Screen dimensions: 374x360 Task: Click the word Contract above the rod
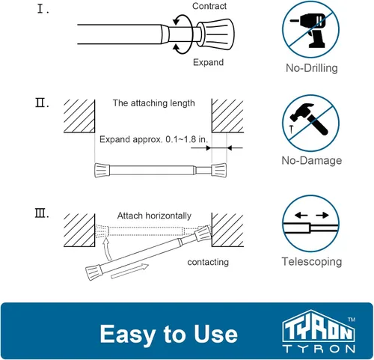(209, 6)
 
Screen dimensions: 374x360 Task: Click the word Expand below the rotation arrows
(208, 62)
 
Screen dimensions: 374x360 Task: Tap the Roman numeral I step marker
(43, 9)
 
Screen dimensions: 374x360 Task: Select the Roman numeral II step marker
(42, 103)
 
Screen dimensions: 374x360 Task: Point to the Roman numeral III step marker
(42, 213)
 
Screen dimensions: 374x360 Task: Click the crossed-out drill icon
(310, 30)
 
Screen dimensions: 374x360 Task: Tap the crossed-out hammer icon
(310, 123)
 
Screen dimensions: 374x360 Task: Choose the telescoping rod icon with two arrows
(310, 224)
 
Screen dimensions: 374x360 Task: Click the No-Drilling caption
(312, 68)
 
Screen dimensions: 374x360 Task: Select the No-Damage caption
(312, 160)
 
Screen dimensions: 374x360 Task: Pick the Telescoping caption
(312, 262)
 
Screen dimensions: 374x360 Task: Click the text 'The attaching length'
(153, 103)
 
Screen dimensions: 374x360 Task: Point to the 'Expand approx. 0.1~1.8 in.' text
(153, 139)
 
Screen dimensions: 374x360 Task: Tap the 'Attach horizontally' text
(154, 216)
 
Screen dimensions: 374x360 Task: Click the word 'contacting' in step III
(208, 262)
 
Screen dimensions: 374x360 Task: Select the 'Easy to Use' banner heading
(169, 334)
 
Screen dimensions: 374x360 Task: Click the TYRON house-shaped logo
(319, 331)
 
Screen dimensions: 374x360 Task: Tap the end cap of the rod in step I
(215, 34)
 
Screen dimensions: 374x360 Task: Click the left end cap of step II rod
(102, 171)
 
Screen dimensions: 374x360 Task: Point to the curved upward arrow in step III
(107, 249)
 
